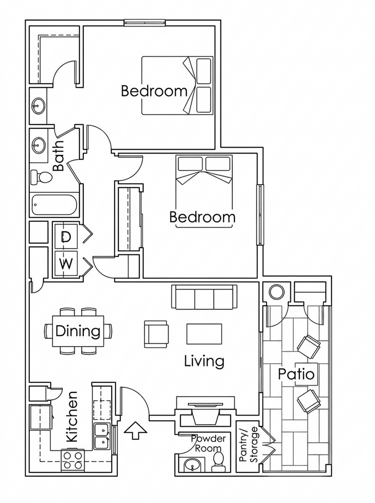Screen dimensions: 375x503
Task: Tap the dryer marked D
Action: point(66,237)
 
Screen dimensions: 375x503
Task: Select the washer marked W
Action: point(66,263)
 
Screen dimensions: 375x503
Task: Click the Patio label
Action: point(296,374)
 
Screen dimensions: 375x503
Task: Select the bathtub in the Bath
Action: point(54,205)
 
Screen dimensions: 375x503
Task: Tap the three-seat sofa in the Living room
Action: point(204,298)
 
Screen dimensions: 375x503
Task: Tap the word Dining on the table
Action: point(78,331)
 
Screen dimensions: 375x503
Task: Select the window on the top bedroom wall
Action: point(144,23)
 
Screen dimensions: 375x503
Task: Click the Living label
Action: point(204,362)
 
